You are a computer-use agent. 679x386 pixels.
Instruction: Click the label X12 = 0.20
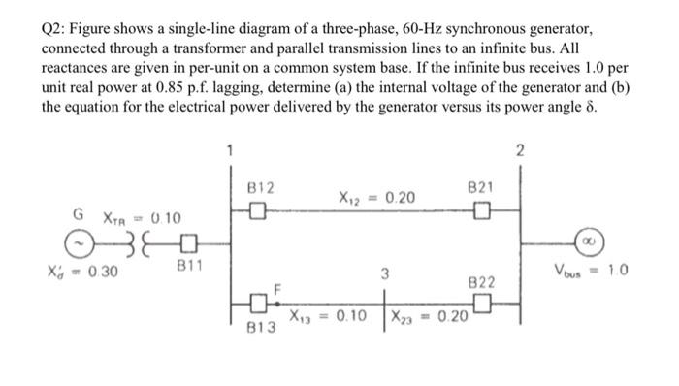coord(376,198)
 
